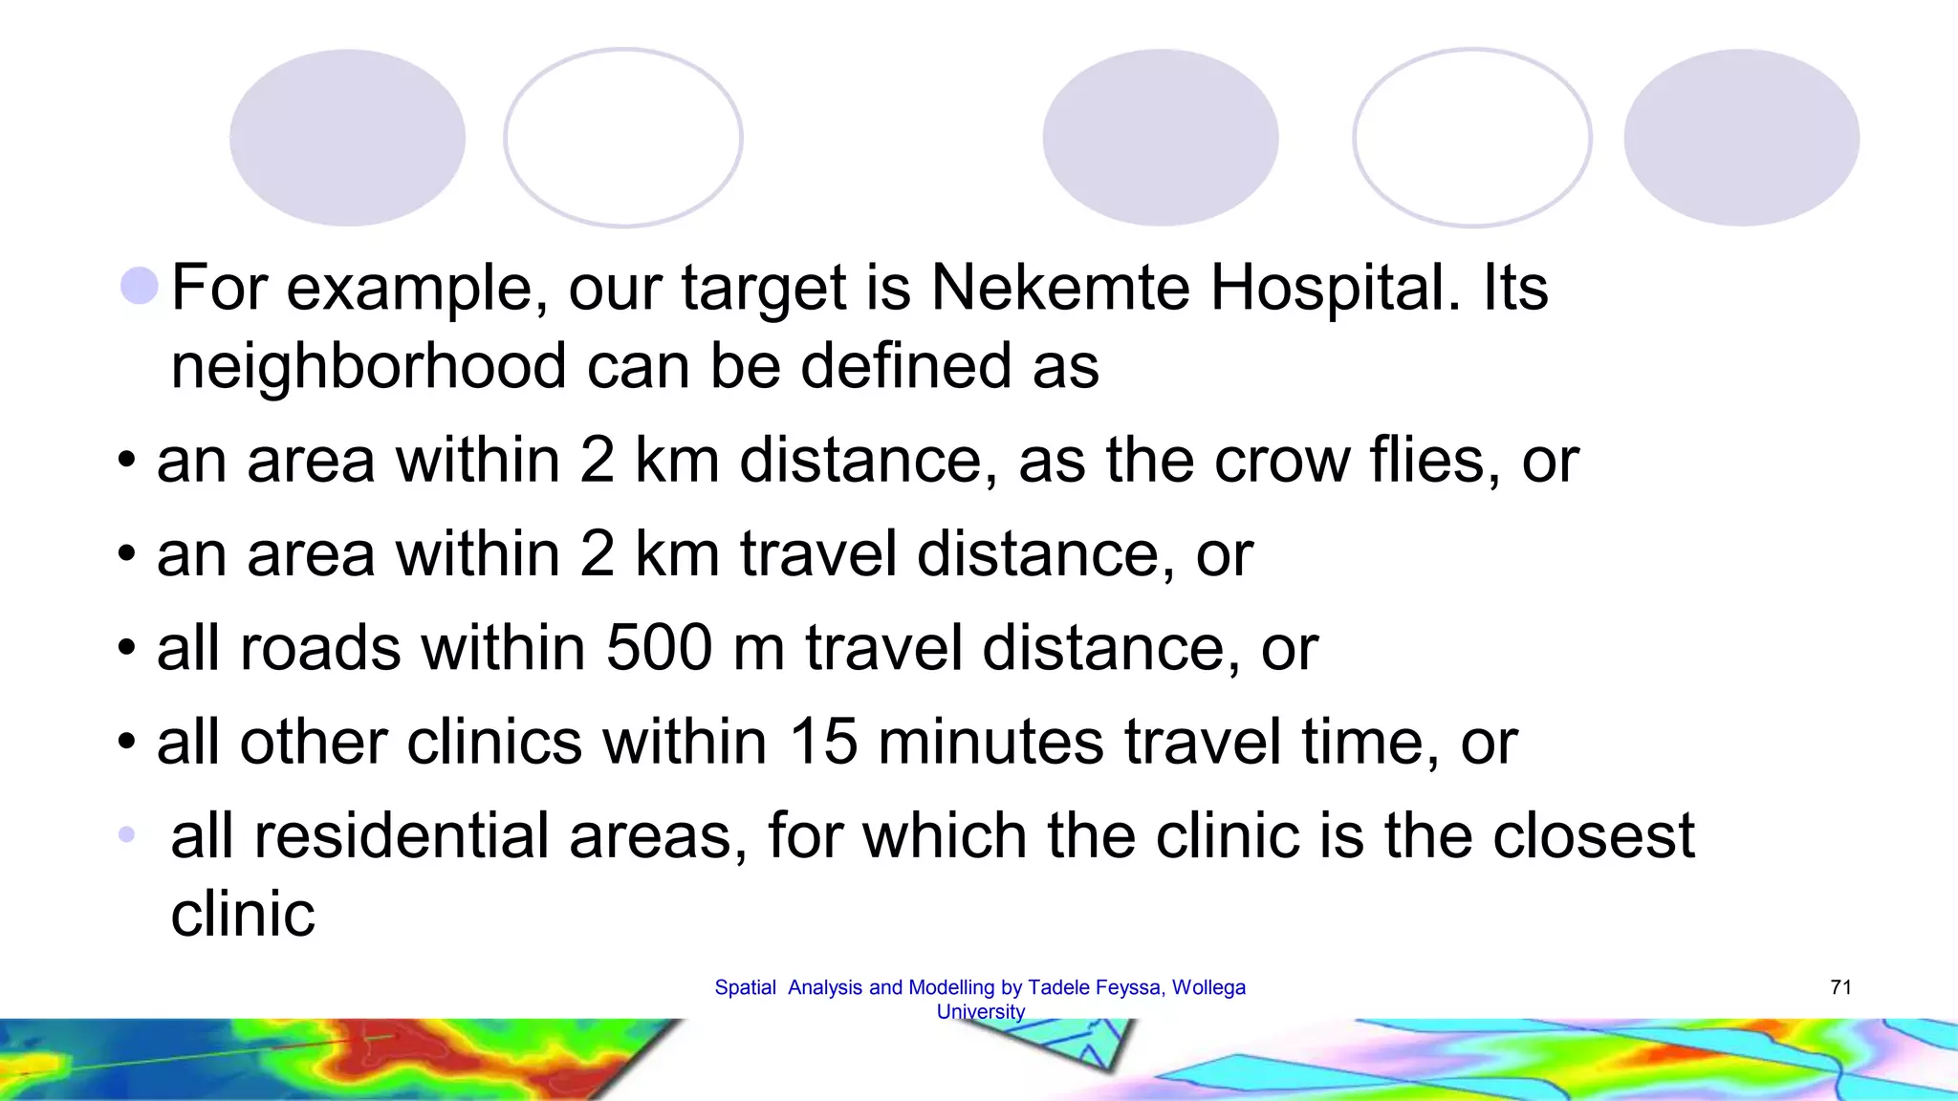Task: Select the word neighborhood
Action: tap(368, 366)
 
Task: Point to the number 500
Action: tap(660, 648)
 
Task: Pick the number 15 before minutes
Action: tap(823, 742)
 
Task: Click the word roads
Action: tap(320, 648)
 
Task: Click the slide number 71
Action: tap(1840, 987)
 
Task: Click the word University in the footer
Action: tap(980, 1011)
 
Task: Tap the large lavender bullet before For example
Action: tap(140, 286)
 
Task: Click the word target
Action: tap(764, 288)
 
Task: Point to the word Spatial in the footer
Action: tap(745, 987)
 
